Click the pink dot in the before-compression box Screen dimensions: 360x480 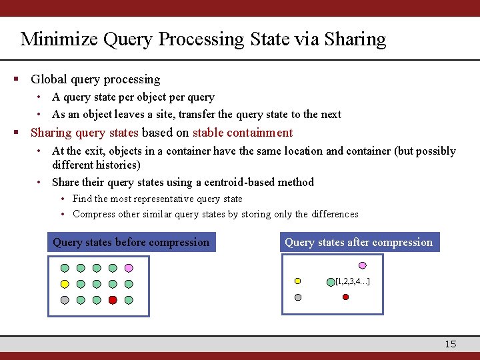point(129,268)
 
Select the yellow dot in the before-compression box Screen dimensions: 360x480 point(65,284)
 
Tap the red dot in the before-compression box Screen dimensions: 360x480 point(113,300)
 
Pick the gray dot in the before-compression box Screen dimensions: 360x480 point(65,300)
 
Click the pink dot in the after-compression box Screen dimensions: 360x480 point(363,264)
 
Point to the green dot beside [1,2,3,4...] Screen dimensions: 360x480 point(331,281)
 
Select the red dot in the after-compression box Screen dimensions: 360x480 point(345,297)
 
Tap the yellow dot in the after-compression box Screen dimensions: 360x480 point(298,281)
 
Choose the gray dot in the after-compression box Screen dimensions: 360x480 point(298,297)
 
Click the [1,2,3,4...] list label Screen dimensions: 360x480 point(353,281)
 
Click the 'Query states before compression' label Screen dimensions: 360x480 point(131,242)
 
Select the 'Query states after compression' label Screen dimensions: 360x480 point(359,242)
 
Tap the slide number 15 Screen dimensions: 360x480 point(451,344)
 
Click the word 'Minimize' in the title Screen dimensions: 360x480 point(59,39)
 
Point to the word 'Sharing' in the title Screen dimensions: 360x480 point(355,39)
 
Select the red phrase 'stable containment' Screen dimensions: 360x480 point(243,133)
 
